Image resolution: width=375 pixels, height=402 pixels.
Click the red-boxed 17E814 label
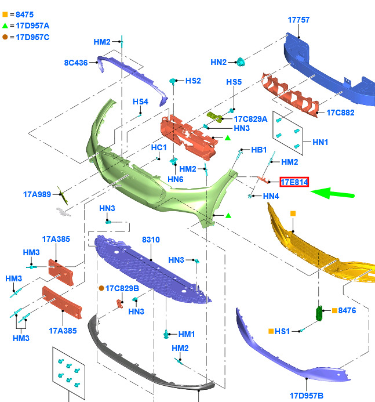294,182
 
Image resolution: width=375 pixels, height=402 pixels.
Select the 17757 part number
298,20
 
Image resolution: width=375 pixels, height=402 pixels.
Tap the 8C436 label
76,63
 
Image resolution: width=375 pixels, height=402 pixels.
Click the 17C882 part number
340,113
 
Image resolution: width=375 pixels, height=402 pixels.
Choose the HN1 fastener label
320,142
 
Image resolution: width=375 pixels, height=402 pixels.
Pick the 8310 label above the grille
151,240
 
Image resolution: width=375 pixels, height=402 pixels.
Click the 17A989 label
37,194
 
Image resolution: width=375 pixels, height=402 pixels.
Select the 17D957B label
307,396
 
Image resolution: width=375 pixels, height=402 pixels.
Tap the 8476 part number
347,310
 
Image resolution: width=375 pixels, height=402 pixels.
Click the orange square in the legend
5,15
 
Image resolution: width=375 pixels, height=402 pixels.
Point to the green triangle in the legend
5,26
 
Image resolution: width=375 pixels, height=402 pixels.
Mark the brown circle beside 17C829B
101,288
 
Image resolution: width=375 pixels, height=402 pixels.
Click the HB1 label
259,150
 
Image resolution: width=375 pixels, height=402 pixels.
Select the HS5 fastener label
234,82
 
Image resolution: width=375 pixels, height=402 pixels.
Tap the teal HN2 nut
241,62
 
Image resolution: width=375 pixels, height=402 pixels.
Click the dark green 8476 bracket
319,313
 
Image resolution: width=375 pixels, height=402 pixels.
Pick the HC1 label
159,148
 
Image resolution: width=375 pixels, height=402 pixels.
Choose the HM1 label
187,334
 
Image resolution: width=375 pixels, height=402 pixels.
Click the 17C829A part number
251,119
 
